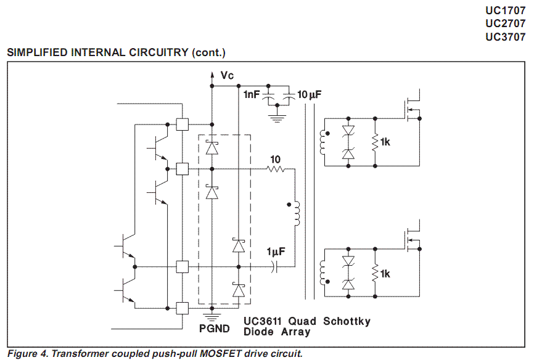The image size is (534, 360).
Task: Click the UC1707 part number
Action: [x=506, y=10]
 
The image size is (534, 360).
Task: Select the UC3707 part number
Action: [x=506, y=36]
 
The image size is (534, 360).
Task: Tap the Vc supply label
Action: [x=227, y=75]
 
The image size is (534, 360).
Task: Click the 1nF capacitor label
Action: [x=252, y=94]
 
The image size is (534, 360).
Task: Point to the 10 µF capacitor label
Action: [x=309, y=94]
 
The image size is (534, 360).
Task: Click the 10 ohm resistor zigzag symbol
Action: [x=275, y=168]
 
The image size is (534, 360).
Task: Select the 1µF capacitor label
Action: [x=276, y=252]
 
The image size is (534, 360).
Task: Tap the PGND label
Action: [x=215, y=329]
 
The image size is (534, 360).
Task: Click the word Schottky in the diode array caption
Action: [x=347, y=321]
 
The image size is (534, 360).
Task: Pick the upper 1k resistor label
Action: [x=385, y=142]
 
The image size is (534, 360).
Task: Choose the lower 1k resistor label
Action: [x=385, y=274]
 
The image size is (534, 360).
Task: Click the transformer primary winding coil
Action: [x=297, y=213]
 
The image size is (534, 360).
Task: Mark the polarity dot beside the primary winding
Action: [x=289, y=205]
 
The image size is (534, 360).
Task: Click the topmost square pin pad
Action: [x=182, y=125]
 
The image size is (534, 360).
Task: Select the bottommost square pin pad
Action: [x=182, y=308]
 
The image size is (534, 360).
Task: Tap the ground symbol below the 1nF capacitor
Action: [x=277, y=118]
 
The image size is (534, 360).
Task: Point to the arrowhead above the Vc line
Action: [x=212, y=75]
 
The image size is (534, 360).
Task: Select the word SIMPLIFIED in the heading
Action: [x=38, y=52]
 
